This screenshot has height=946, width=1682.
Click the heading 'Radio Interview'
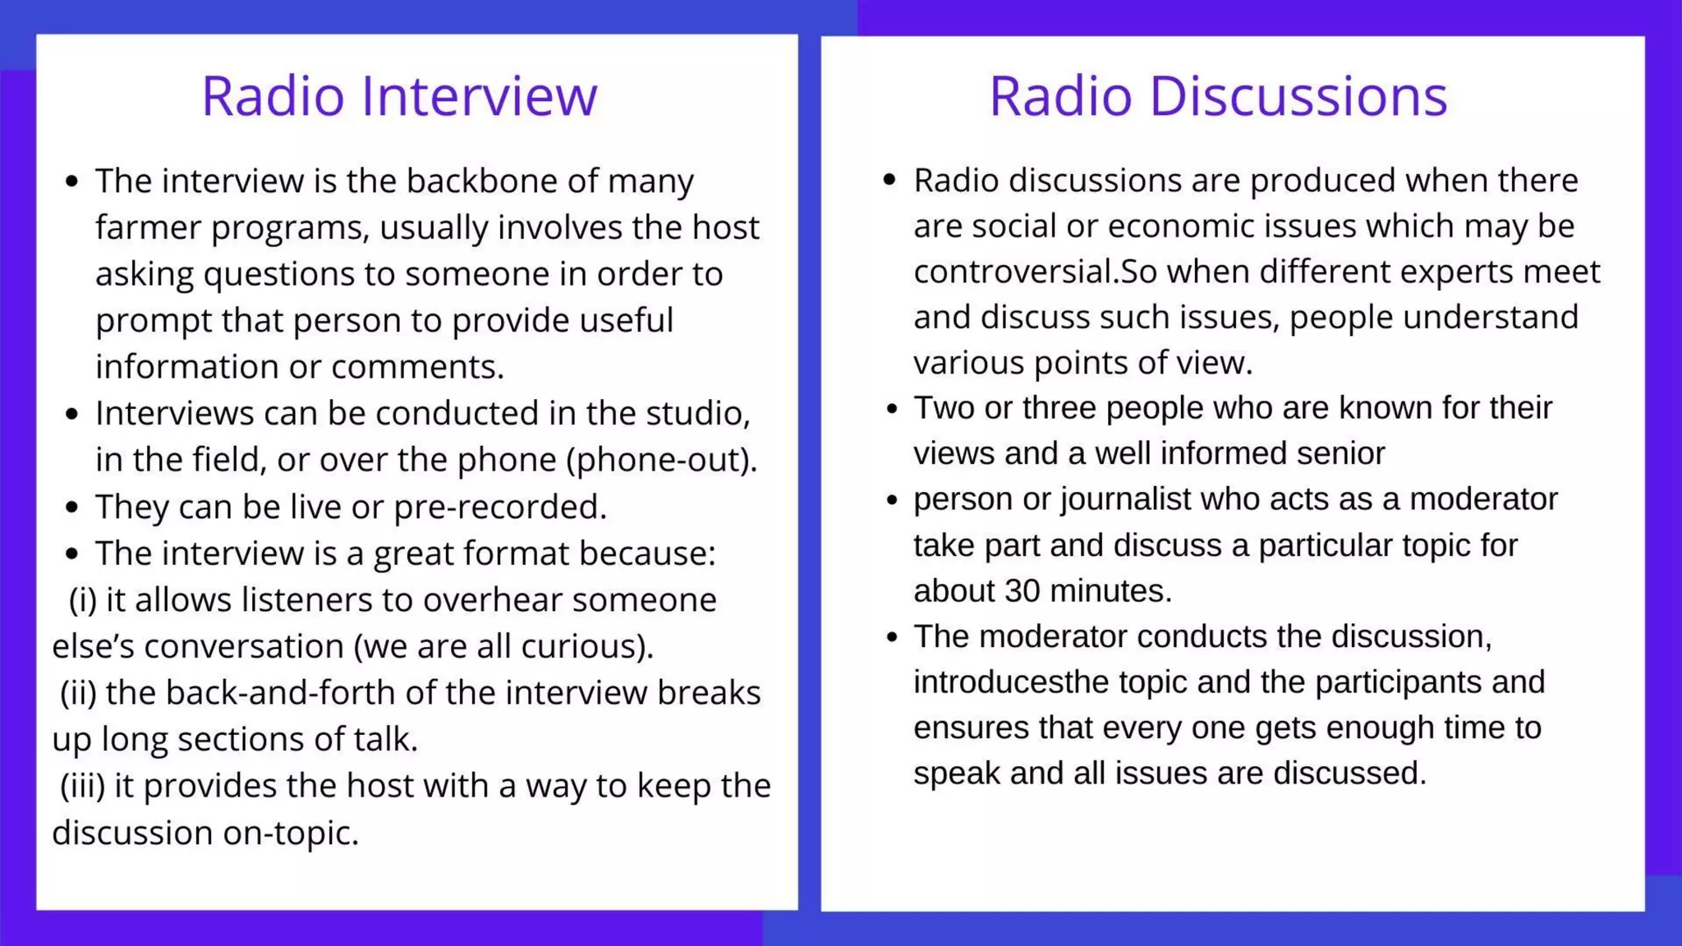[x=399, y=96]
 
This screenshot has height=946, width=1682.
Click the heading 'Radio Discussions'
[x=1218, y=96]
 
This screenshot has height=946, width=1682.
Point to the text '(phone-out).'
[x=662, y=460]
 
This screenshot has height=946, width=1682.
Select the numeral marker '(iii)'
[x=82, y=786]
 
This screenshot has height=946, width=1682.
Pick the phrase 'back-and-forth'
[x=250, y=693]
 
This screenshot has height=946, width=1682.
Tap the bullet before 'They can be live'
[x=72, y=507]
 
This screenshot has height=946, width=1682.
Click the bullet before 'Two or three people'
[x=892, y=408]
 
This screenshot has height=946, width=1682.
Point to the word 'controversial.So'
[x=1035, y=272]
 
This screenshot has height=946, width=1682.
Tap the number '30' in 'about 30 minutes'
[x=1023, y=591]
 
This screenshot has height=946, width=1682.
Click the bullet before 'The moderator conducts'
[x=892, y=637]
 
